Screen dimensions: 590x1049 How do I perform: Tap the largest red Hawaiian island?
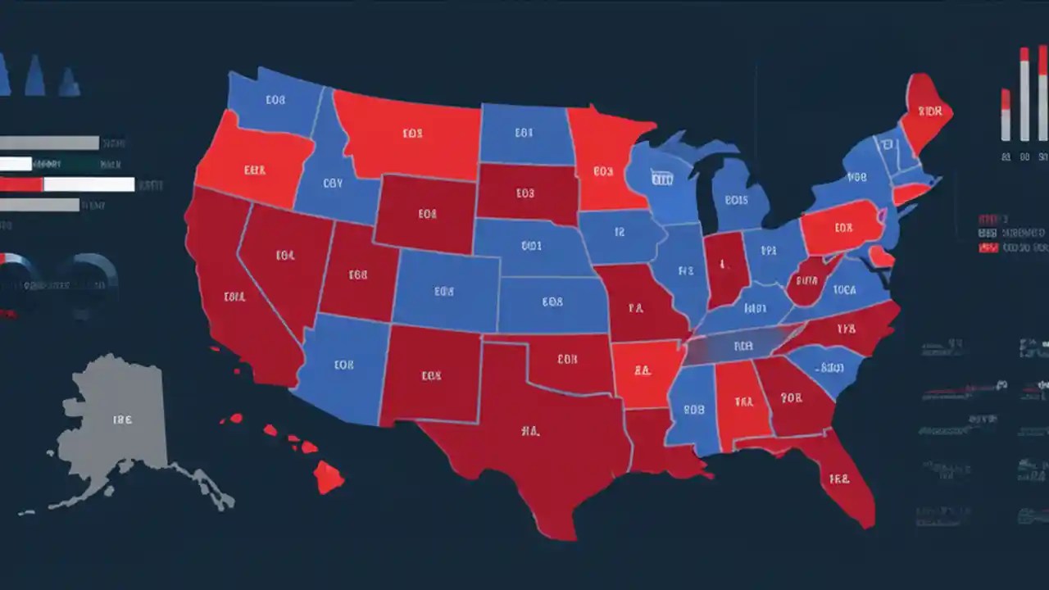(x=329, y=475)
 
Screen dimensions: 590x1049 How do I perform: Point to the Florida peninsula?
(x=844, y=483)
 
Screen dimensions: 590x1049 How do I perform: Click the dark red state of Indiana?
(x=724, y=266)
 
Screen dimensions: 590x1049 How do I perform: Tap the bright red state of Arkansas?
(x=642, y=373)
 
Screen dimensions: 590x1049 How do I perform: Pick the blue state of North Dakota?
(x=524, y=133)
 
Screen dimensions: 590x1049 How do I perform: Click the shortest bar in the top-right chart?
(x=1006, y=115)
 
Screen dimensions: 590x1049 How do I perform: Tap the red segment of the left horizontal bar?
(x=21, y=184)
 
